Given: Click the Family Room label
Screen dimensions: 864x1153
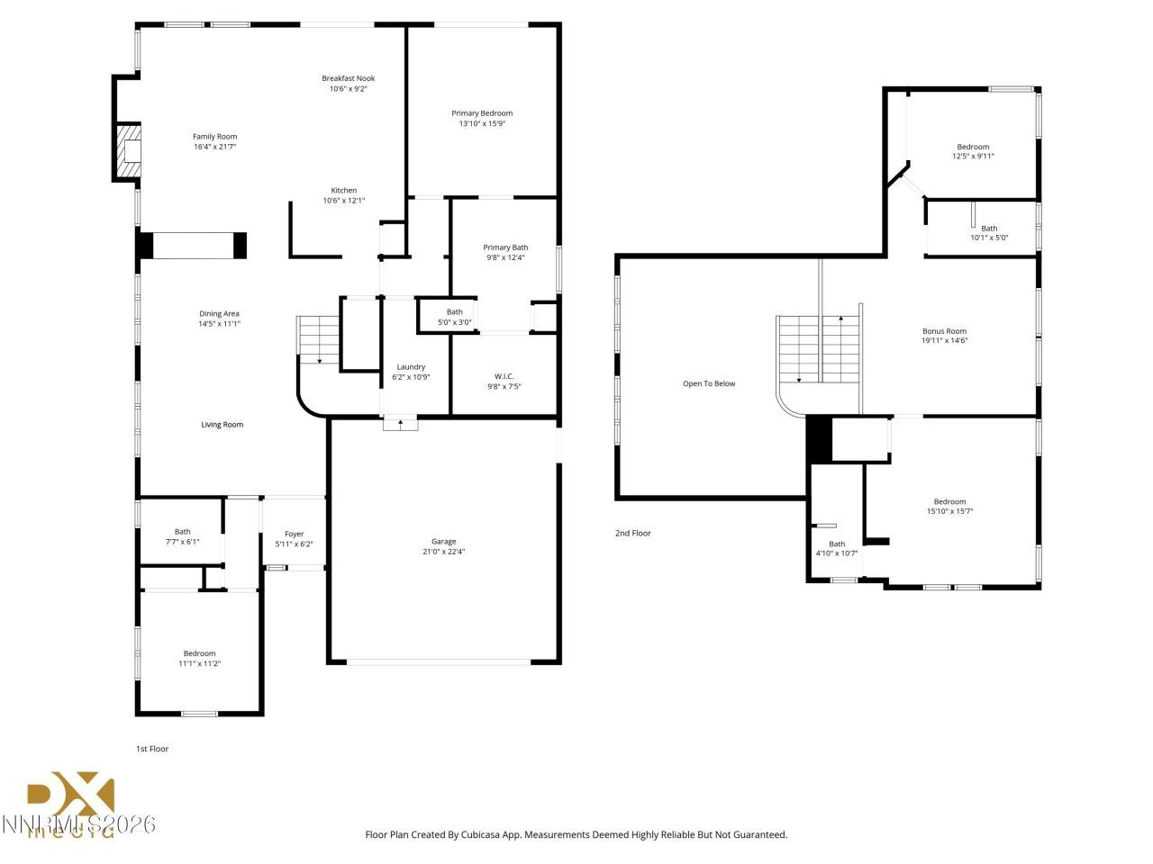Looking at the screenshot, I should coord(214,137).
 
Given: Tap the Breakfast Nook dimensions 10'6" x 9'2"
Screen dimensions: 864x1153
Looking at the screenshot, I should coord(348,89).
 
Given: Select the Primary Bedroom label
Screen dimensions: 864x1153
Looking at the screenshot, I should coord(482,113).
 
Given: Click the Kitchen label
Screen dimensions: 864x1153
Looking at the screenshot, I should coord(344,191).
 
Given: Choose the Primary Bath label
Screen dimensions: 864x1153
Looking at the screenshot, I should coord(505,247).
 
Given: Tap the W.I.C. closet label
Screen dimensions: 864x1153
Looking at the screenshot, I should coord(504,376).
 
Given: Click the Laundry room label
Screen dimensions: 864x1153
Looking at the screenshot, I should coord(411,367).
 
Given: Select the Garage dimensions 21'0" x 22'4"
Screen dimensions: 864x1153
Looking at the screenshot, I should coord(443,552).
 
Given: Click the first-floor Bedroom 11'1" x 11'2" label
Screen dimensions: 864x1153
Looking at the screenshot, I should coord(199,653).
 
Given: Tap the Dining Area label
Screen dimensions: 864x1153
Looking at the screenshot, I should coord(219,314).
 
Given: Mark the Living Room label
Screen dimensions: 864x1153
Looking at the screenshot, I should coord(222,425).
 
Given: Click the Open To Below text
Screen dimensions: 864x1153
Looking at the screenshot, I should coord(709,384).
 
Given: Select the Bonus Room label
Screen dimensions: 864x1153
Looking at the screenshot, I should coord(944,331).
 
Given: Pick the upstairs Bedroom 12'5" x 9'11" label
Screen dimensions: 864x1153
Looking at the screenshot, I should coord(973,147).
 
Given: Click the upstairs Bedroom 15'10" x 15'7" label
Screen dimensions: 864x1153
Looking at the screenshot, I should coord(949,502).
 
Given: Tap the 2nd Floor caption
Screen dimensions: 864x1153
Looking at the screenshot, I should coord(632,534).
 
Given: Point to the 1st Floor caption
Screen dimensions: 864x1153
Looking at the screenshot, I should coord(151,749).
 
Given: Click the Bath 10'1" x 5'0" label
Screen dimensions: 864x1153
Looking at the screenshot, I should coord(989,229).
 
